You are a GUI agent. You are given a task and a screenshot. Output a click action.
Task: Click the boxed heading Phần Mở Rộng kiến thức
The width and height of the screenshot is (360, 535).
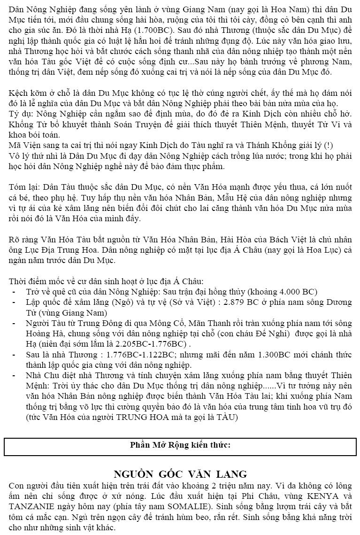click(x=180, y=445)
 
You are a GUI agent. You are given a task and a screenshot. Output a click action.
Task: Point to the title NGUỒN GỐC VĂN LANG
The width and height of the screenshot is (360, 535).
click(x=180, y=474)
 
